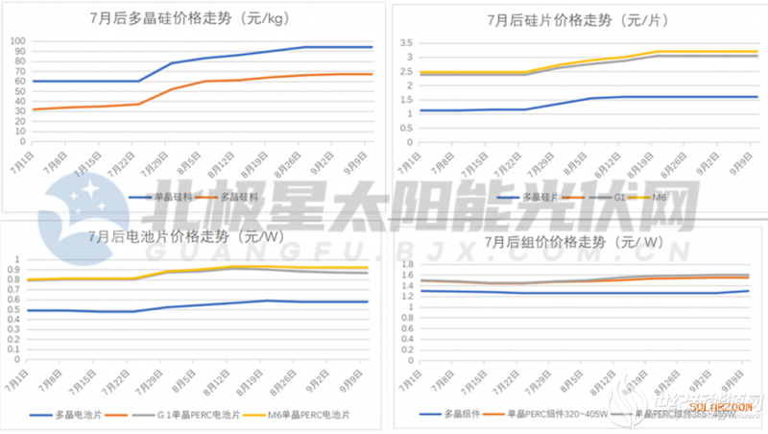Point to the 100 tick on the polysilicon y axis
point(17,41)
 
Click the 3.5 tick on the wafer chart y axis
point(406,42)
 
